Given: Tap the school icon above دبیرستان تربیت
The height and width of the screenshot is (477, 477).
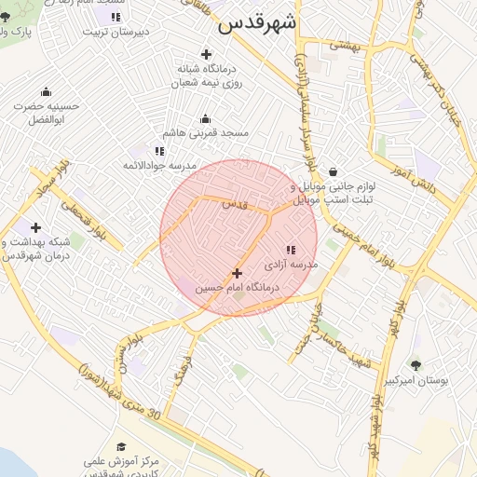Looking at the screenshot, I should click(116, 17).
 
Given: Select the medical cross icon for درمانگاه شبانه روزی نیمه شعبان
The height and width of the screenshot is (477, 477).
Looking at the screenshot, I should click(206, 54).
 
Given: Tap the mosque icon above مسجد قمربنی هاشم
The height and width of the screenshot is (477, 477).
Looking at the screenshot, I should click(206, 118).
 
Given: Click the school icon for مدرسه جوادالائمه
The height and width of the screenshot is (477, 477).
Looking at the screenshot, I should click(159, 150).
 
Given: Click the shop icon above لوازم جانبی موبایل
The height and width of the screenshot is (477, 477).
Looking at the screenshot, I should click(333, 171).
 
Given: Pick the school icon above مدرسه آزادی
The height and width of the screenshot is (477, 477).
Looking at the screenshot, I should click(291, 250).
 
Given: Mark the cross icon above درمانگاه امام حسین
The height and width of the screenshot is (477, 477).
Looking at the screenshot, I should click(237, 274).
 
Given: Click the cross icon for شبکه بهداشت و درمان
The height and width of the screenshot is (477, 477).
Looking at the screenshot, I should click(35, 227).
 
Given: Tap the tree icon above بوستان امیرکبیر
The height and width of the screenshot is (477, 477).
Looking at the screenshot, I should click(416, 366).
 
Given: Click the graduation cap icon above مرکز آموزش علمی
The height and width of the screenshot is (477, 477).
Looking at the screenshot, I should click(121, 447).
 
